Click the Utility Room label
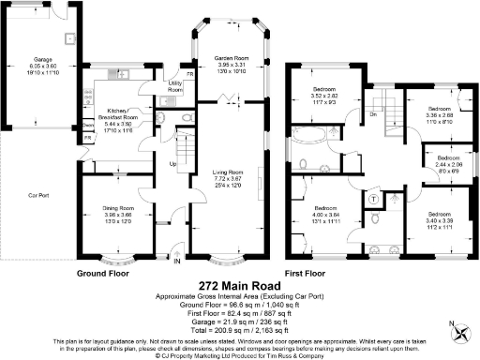[x=174, y=86]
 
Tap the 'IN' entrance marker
[x=175, y=262]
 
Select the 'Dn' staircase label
[x=373, y=114]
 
